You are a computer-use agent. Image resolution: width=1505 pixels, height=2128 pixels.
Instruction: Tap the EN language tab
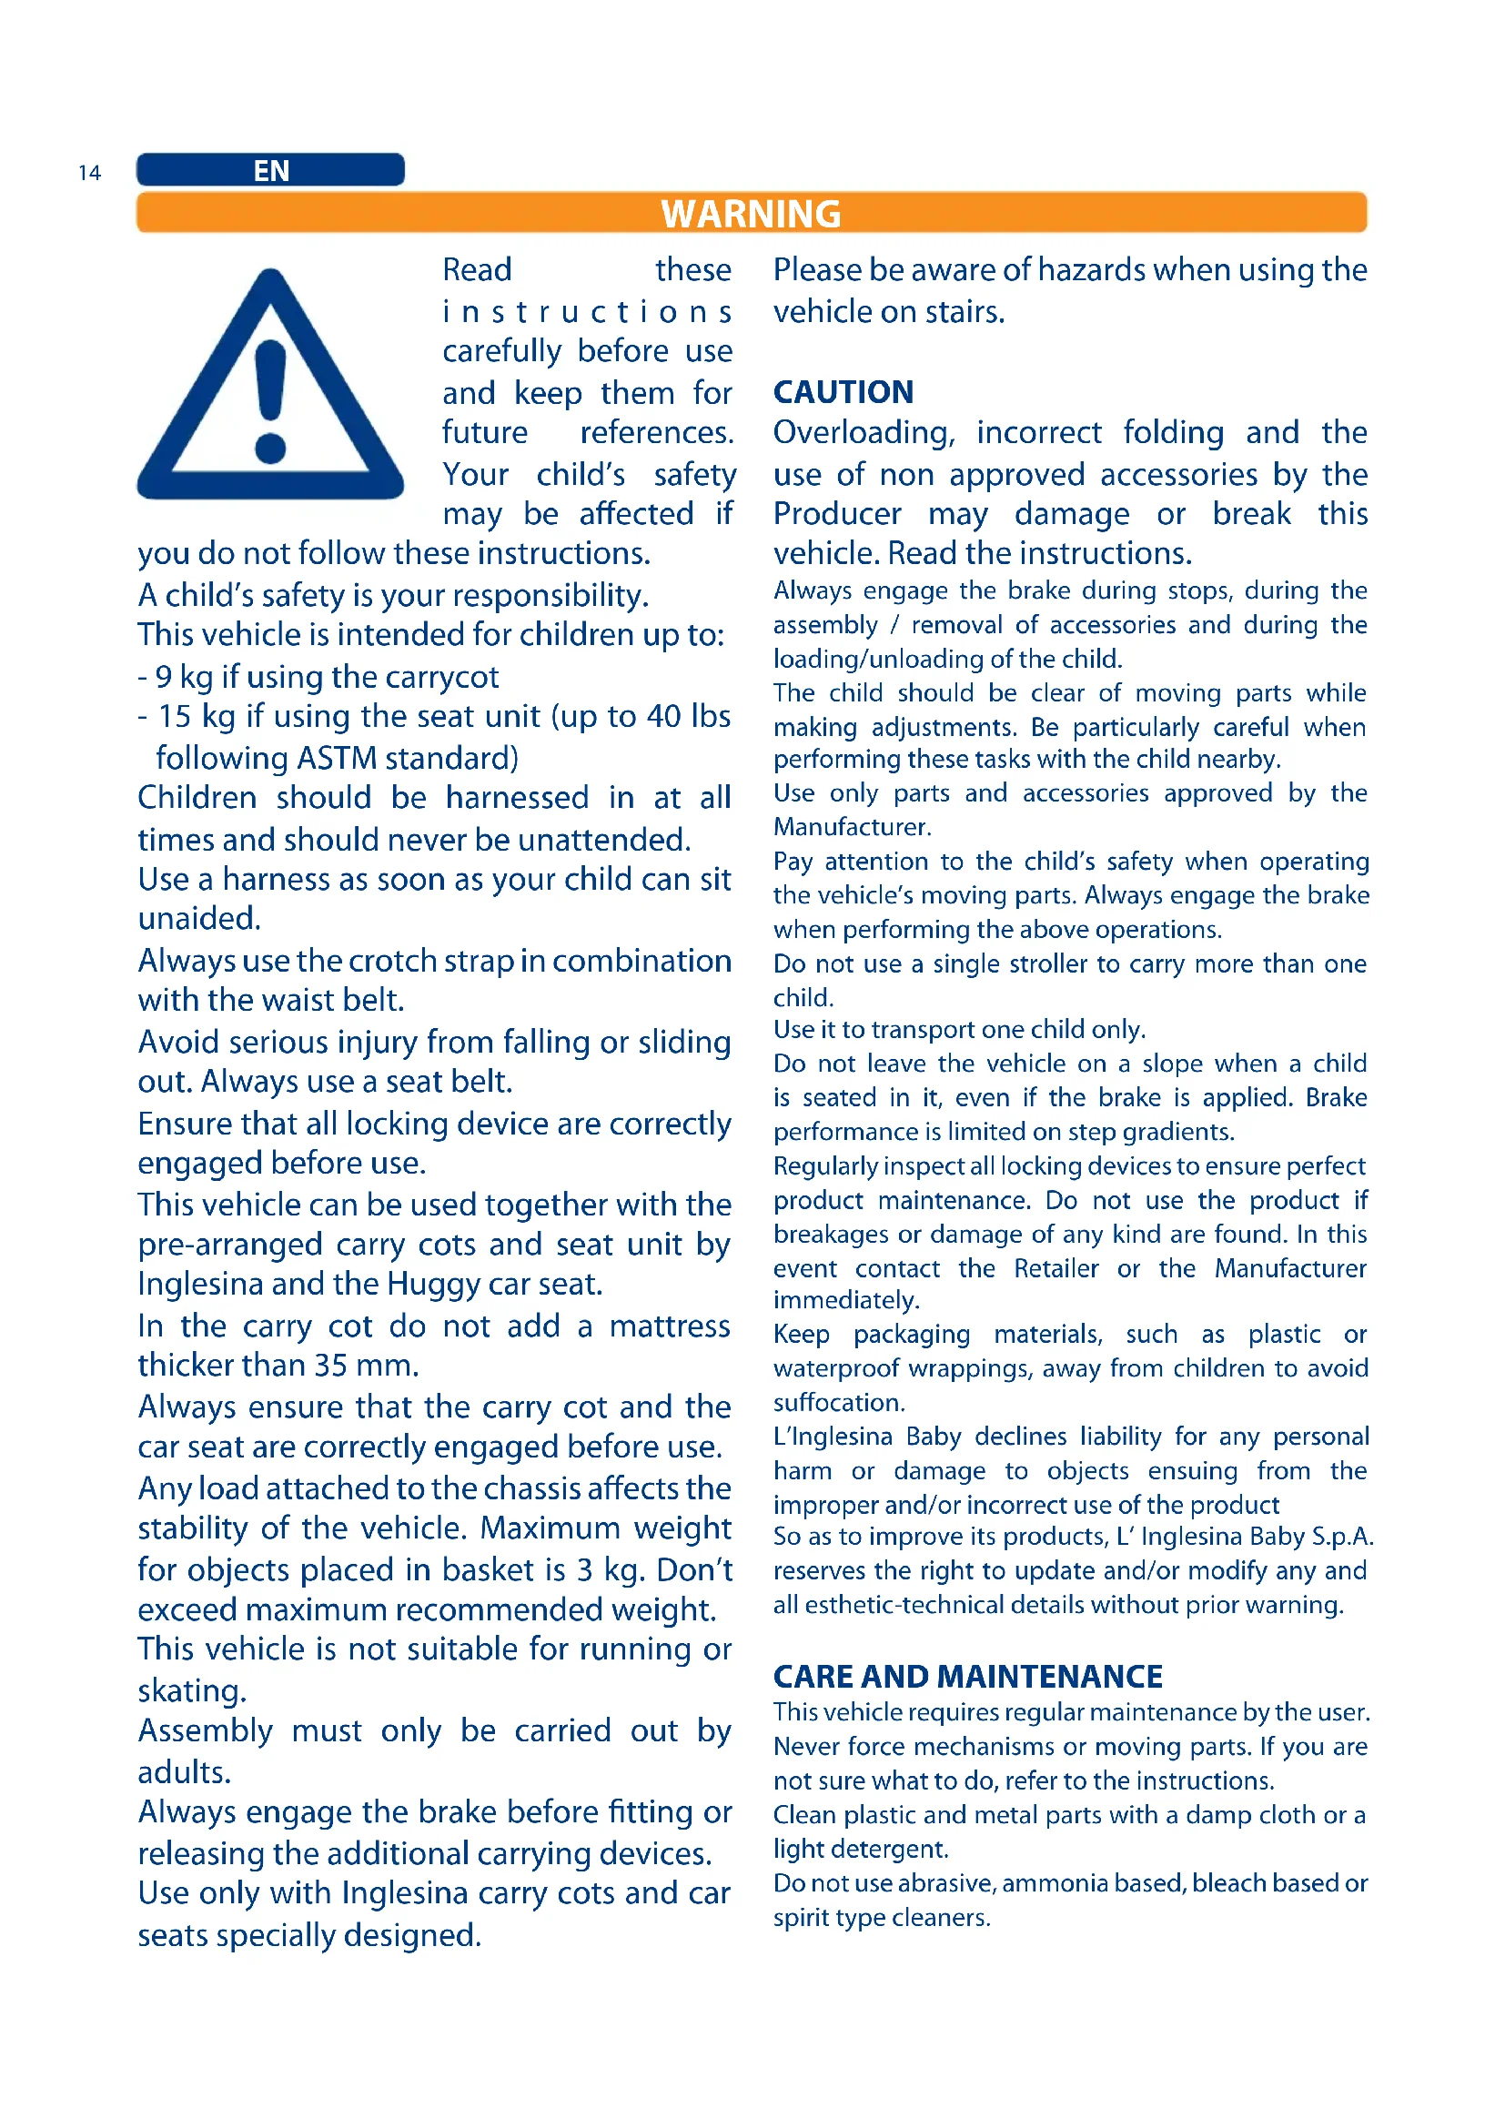270,170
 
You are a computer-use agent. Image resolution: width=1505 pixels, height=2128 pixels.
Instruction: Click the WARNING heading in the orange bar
751,213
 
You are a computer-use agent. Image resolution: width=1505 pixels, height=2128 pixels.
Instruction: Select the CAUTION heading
843,392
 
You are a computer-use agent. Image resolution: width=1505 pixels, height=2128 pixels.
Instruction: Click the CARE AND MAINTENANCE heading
967,1677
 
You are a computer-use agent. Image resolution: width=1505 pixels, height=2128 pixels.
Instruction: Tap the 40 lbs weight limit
689,716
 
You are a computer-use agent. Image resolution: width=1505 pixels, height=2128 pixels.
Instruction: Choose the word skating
192,1691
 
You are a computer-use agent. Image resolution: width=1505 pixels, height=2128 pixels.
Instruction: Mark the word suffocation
839,1402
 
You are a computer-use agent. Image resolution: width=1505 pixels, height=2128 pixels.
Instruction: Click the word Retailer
1056,1268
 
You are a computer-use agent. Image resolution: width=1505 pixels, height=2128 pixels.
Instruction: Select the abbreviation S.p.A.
1341,1537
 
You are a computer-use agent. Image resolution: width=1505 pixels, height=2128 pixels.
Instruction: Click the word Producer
837,514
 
